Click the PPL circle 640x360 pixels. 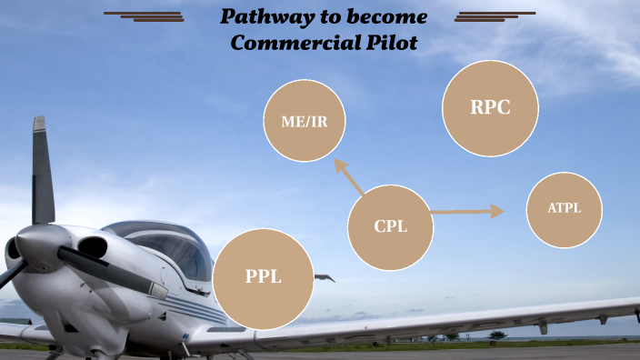coord(264,278)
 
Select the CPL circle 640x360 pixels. coord(390,227)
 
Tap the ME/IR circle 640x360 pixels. coord(305,121)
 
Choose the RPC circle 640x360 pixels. coord(490,107)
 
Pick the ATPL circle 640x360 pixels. coord(564,209)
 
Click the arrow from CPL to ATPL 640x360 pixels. coord(467,212)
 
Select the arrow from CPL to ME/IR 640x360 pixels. coord(349,176)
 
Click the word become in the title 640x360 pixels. coord(386,17)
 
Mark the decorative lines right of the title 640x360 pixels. coord(494,15)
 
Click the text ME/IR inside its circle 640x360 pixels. coord(305,122)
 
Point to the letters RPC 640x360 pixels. coord(490,107)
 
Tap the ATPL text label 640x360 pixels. coord(564,209)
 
